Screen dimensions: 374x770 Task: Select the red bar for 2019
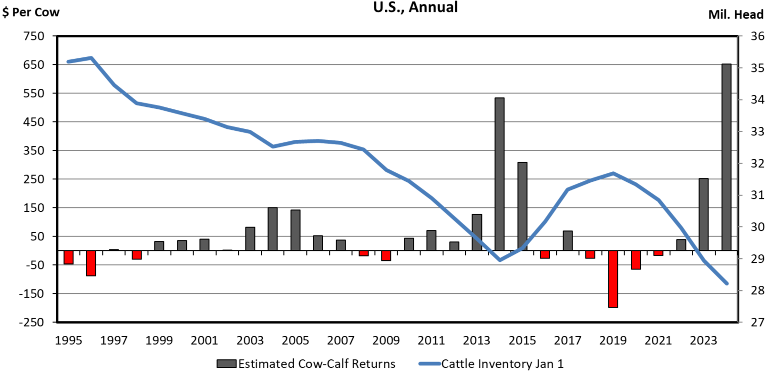(613, 279)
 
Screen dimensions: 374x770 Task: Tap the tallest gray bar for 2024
(726, 157)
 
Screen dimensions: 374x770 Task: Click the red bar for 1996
(91, 263)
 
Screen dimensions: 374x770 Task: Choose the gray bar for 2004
(273, 229)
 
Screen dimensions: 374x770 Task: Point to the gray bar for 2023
(704, 215)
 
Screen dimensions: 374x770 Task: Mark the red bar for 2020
(636, 260)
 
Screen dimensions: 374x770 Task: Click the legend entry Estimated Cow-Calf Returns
(306, 364)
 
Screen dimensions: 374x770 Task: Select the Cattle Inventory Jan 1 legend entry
(491, 364)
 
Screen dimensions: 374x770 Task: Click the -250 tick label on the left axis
(31, 322)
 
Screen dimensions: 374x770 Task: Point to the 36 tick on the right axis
(757, 36)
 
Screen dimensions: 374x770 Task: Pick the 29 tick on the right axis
(757, 259)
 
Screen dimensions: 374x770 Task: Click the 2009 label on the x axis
(386, 341)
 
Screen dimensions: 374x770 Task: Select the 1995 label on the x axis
(68, 341)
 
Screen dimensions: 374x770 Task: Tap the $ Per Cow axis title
(31, 12)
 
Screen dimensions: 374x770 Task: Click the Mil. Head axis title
(736, 15)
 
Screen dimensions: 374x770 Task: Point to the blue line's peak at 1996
(91, 58)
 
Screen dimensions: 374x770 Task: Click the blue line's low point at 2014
(499, 260)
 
